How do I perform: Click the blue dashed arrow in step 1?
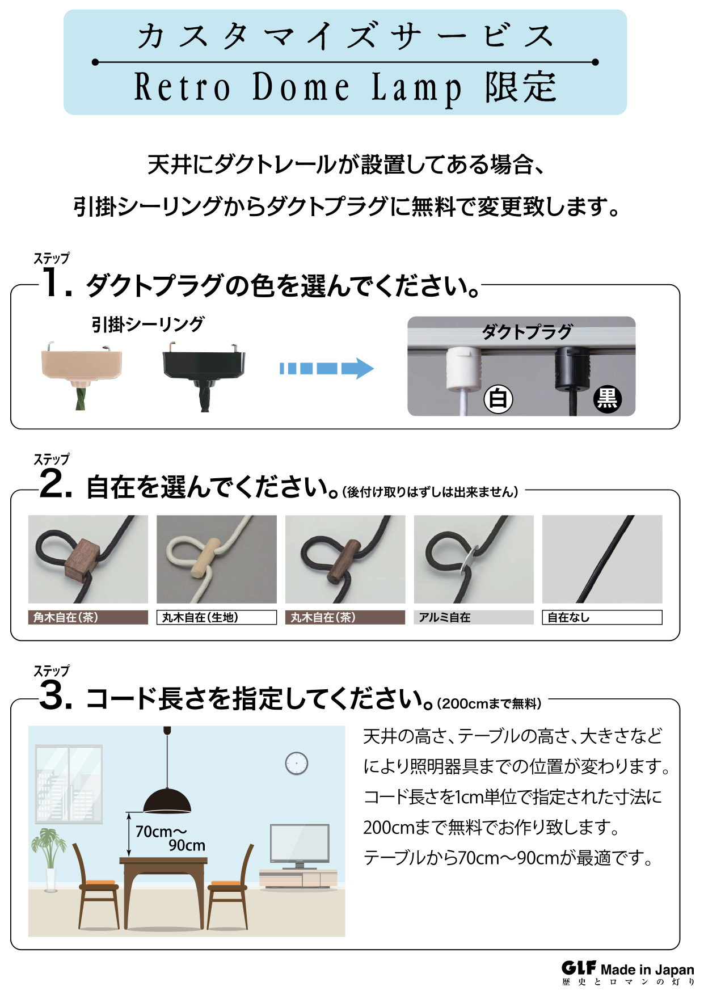click(326, 368)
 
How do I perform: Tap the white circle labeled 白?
click(498, 399)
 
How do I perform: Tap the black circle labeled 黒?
click(607, 399)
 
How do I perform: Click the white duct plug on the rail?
click(463, 369)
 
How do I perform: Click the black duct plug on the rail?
click(572, 369)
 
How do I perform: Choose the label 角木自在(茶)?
click(88, 617)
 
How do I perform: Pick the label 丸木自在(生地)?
click(216, 617)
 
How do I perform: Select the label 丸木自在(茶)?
click(345, 617)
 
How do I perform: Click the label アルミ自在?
click(473, 617)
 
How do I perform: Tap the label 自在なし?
click(602, 617)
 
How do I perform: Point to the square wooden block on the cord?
click(83, 559)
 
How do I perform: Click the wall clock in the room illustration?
click(296, 764)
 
